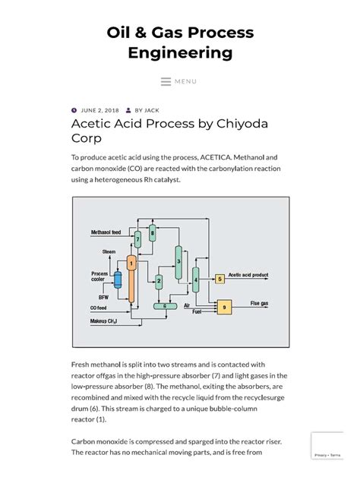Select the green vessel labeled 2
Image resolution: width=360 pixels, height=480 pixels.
(159, 281)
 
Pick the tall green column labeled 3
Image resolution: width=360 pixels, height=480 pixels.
(178, 262)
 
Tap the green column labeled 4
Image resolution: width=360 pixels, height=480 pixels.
(196, 280)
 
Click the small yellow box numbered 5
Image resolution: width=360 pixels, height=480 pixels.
(219, 279)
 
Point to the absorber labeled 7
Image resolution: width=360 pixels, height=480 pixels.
(137, 239)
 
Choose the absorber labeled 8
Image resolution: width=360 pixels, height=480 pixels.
(152, 232)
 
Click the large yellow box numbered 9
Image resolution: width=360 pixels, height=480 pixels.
(223, 307)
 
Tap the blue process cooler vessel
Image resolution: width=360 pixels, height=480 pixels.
(118, 280)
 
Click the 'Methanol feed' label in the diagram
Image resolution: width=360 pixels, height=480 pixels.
(106, 232)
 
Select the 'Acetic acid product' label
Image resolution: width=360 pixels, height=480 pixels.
(248, 275)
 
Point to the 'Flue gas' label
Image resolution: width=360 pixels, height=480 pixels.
(259, 302)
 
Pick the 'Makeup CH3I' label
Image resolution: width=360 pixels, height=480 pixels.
(105, 322)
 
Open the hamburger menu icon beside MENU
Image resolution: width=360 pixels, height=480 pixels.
(166, 82)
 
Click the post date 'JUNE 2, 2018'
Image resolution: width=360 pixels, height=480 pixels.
(98, 109)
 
